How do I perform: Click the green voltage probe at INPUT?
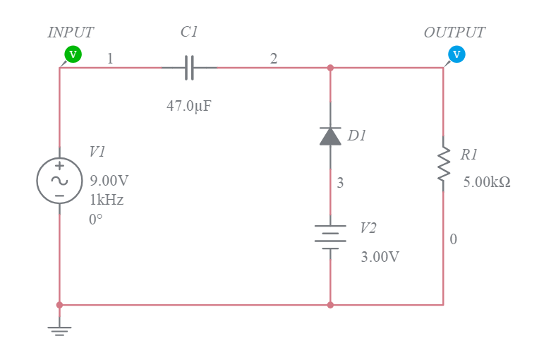coord(73,54)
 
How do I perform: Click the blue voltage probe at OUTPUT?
coord(456,54)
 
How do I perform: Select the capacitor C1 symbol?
coord(189,68)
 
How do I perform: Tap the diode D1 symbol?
coord(330,136)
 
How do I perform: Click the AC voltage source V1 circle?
coord(59,181)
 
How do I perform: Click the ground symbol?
coord(59,330)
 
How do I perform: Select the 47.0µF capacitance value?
coord(189,107)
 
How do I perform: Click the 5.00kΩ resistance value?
coord(487,182)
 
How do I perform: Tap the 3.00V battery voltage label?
coord(380,257)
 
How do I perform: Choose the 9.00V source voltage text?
coord(109,180)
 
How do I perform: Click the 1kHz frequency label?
coord(107,200)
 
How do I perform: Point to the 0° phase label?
coord(96,220)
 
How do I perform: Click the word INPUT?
coord(71,32)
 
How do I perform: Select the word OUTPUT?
coord(454,32)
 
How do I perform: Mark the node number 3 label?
coord(340,184)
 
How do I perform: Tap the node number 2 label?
coord(274,59)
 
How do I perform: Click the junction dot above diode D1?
coord(330,68)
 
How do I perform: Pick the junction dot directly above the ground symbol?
coord(59,305)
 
